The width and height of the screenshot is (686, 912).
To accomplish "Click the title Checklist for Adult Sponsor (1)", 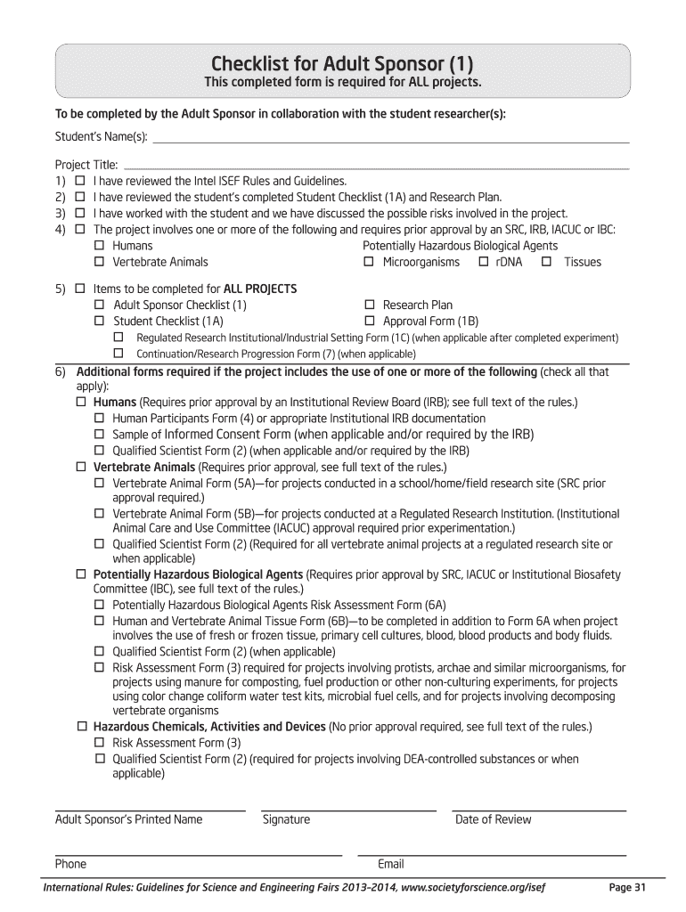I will pos(342,64).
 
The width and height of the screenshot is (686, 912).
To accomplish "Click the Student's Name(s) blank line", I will pos(392,140).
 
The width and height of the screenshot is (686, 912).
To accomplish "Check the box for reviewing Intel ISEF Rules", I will pos(80,181).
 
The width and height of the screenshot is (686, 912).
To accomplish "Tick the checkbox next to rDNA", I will pos(483,262).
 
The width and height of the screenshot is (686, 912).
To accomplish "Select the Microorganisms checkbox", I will pos(368,262).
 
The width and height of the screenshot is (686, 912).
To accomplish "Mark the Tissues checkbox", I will pos(546,262).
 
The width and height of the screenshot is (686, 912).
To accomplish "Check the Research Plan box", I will pos(368,305).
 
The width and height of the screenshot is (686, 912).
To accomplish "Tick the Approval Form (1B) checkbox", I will pos(368,321).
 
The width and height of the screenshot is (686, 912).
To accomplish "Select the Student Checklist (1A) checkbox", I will pos(99,321).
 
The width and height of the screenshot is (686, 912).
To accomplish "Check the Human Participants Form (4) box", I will pos(99,419).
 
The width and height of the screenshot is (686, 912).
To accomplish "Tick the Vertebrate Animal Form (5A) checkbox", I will pos(99,484).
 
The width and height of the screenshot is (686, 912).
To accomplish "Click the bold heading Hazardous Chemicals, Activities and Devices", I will pos(209,727).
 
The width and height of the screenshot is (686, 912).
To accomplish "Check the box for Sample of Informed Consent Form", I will pos(99,435).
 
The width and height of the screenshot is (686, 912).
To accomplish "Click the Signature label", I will pos(286,819).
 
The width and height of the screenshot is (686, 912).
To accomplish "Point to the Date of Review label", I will pos(493,819).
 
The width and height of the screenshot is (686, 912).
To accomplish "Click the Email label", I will pos(391,864).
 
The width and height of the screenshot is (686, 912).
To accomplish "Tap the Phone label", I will pos(71,864).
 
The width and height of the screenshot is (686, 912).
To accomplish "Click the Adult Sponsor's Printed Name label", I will pos(129,819).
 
